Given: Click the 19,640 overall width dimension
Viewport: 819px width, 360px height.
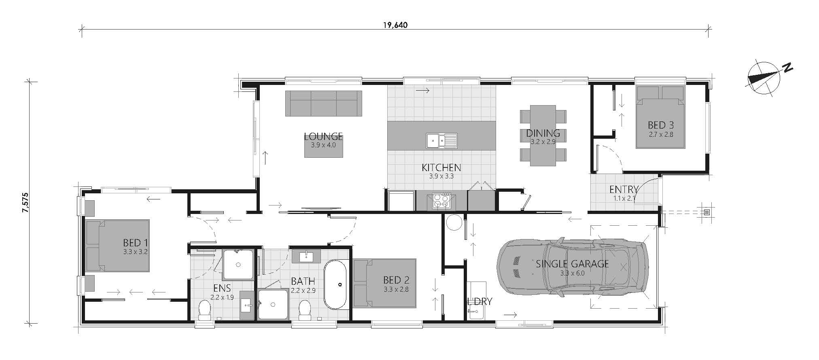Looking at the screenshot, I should tap(395, 25).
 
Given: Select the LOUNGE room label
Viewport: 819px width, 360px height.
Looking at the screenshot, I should tap(323, 136).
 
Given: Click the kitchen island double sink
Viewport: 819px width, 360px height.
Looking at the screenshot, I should tap(441, 140).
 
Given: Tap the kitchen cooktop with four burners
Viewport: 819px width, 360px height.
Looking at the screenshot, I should tap(441, 201).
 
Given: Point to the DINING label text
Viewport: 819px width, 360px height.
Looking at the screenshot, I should tap(543, 133).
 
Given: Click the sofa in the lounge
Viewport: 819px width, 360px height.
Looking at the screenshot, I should tap(323, 103).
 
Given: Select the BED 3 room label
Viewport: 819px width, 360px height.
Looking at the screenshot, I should tap(660, 125).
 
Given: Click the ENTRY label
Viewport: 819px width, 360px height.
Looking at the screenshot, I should tap(624, 189).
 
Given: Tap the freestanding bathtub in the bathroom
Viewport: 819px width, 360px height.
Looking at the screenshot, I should tap(335, 284).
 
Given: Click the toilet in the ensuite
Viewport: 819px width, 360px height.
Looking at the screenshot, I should tap(205, 311).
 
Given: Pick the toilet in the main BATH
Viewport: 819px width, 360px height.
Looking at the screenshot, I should tap(305, 310).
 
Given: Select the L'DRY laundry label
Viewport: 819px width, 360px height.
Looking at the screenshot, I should tap(480, 301).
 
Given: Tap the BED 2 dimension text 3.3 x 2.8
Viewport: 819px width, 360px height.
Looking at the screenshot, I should tap(396, 289).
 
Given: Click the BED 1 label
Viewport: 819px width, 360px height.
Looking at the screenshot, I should tap(136, 243).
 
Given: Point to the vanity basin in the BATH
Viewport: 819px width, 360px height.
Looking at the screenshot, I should tap(306, 256).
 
